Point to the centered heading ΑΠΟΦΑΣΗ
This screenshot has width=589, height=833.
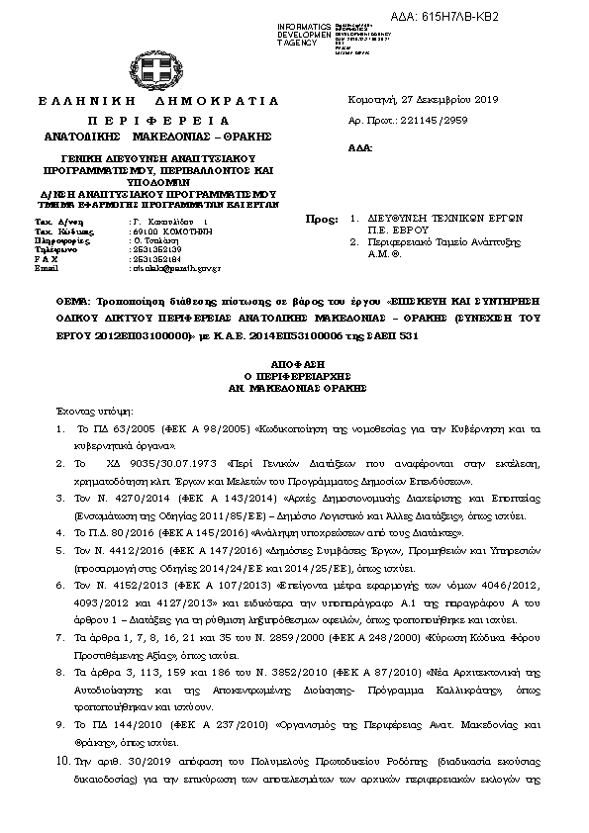pos(293,364)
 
